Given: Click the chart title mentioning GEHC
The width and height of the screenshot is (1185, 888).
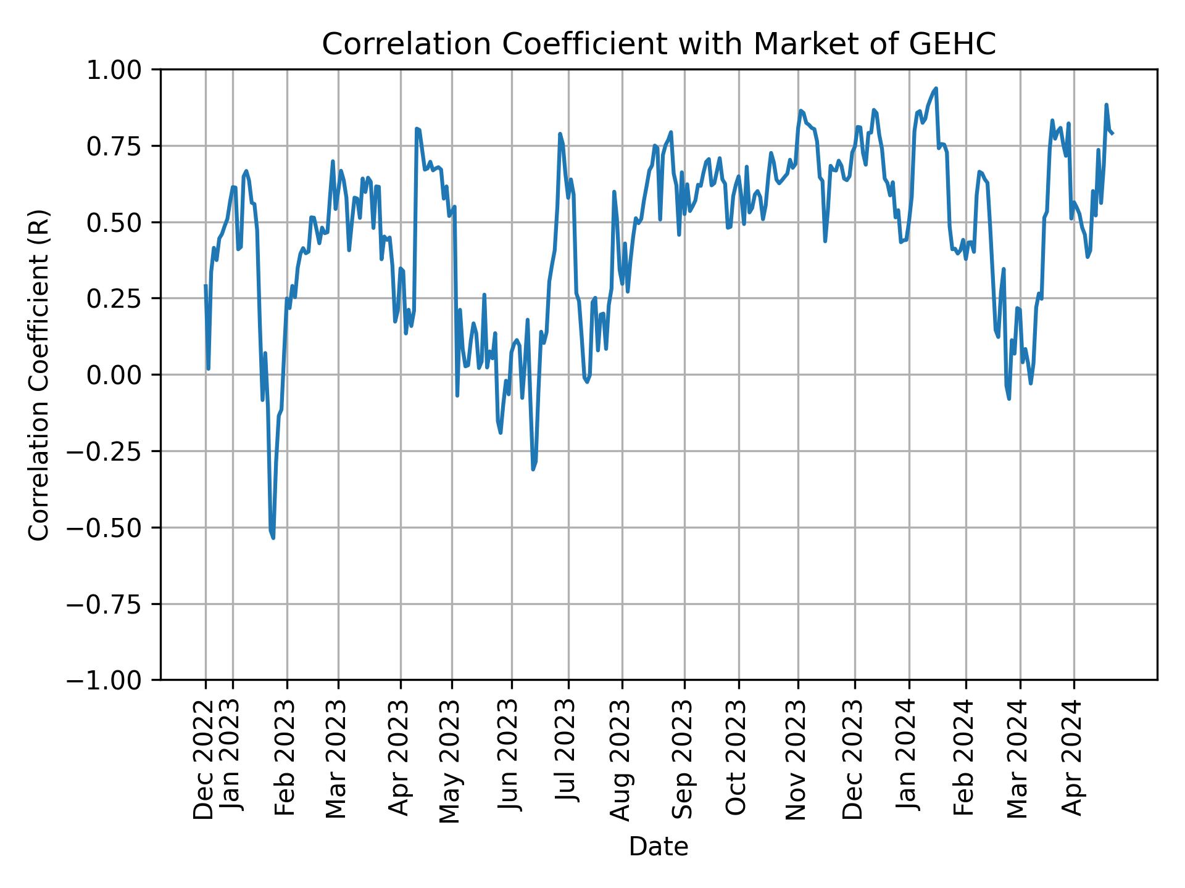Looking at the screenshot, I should tap(659, 44).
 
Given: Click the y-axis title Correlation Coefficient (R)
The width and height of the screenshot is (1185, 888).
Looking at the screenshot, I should tap(39, 374).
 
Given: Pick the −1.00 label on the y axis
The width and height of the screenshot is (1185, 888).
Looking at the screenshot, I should tap(111, 680).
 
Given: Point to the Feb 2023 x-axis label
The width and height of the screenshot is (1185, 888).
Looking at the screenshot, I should tap(285, 758).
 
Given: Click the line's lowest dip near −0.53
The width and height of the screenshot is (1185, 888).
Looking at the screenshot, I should tap(273, 537).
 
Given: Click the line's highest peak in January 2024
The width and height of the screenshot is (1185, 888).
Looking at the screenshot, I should tap(936, 89).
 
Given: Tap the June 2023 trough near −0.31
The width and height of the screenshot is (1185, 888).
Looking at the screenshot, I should tap(533, 469).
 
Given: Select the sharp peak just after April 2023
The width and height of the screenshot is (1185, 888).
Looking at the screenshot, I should tap(417, 129).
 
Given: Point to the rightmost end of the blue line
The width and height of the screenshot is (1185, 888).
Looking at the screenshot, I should tap(1112, 133).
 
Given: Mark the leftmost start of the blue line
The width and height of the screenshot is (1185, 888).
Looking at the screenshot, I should tap(206, 285).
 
